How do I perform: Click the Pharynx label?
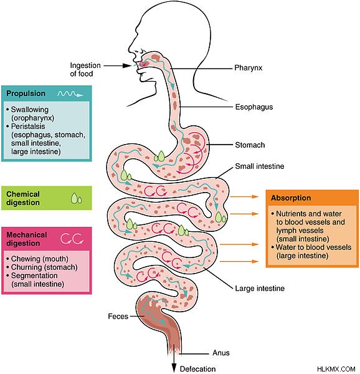click(x=249, y=68)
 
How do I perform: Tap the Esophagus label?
click(x=254, y=107)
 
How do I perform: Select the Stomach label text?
click(x=250, y=145)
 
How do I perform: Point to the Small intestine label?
click(x=260, y=166)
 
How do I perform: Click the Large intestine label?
click(x=260, y=289)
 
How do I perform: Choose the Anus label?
click(x=221, y=353)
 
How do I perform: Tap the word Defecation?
click(x=197, y=369)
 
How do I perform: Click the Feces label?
click(x=118, y=316)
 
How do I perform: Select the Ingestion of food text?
click(x=85, y=69)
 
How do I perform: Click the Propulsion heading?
click(x=26, y=93)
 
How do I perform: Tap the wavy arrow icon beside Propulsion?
click(x=70, y=93)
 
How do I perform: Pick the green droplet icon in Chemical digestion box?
click(x=77, y=198)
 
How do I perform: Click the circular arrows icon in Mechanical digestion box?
click(x=72, y=239)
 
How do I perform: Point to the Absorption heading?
click(x=291, y=198)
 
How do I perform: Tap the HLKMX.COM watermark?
click(x=336, y=369)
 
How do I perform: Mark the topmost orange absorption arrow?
click(x=244, y=196)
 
